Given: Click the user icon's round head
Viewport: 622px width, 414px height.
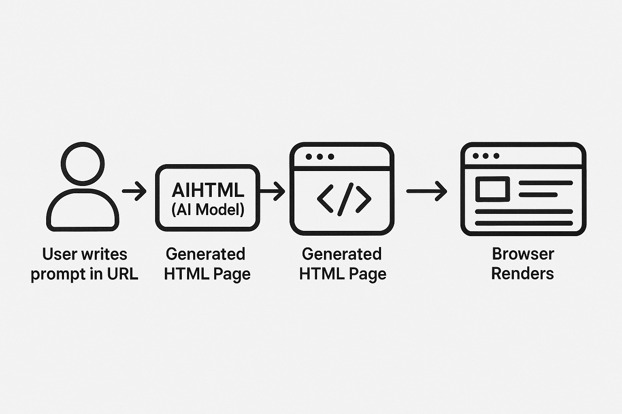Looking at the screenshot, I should (x=83, y=164).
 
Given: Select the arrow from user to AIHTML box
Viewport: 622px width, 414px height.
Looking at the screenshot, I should (x=134, y=190).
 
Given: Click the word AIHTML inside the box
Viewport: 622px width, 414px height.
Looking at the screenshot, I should (x=208, y=190).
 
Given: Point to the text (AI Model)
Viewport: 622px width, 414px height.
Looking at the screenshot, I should (x=208, y=209).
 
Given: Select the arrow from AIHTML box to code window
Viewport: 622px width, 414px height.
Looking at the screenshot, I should (x=273, y=190).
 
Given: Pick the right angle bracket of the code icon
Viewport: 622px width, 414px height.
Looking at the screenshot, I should (x=363, y=199).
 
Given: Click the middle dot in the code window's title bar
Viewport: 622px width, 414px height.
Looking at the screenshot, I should (x=320, y=156).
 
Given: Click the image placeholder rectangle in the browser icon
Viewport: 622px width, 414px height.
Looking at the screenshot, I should (x=492, y=189).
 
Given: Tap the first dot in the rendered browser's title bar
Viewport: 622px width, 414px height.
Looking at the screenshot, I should (x=475, y=156).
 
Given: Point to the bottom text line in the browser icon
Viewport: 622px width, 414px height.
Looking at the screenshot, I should (x=524, y=223).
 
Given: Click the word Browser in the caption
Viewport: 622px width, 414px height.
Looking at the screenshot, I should (x=523, y=254).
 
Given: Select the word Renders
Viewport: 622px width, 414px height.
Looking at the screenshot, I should (x=522, y=274).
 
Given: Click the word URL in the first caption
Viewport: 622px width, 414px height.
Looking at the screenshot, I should (x=122, y=274).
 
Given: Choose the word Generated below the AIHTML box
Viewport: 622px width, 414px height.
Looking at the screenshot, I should (x=205, y=254).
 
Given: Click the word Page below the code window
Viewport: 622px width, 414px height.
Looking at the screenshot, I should (x=367, y=275).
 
